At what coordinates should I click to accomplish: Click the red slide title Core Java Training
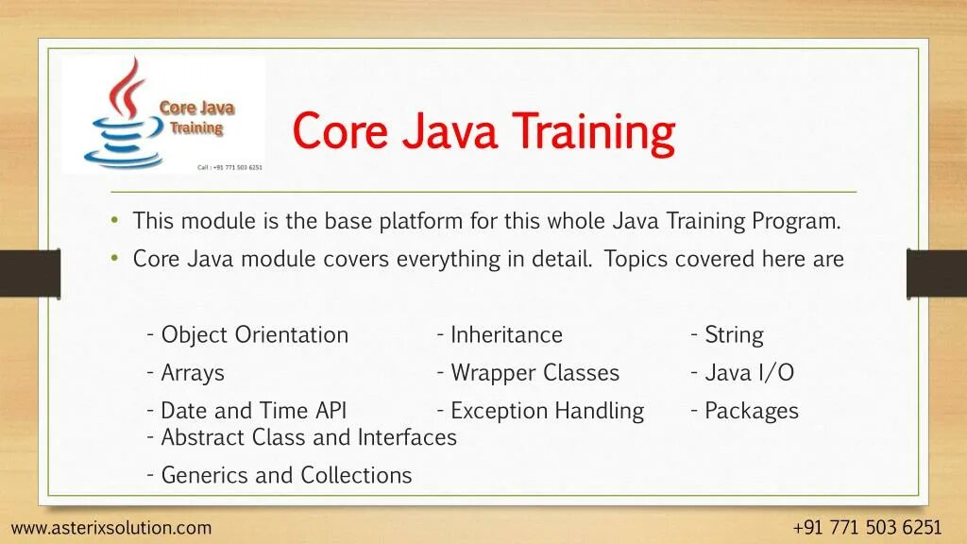(483, 131)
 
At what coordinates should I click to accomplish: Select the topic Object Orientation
(255, 335)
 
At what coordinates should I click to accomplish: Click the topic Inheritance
(506, 335)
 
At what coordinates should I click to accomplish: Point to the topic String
(734, 335)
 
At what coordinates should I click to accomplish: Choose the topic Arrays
(193, 373)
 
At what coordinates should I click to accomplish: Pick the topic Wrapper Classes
(534, 372)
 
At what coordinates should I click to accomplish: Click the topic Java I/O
(749, 372)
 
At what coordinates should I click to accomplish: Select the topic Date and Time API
(253, 410)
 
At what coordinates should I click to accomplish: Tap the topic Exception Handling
(547, 411)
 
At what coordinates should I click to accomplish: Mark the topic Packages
(751, 412)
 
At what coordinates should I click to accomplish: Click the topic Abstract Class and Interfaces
(309, 437)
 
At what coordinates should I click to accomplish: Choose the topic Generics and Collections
(286, 475)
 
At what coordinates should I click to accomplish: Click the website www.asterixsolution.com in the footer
(111, 528)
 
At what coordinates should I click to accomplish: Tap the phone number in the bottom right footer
(867, 528)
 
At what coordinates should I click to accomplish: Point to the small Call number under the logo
(229, 167)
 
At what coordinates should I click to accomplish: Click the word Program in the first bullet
(795, 221)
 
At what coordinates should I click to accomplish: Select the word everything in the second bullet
(448, 259)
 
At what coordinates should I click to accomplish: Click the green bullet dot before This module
(114, 219)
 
